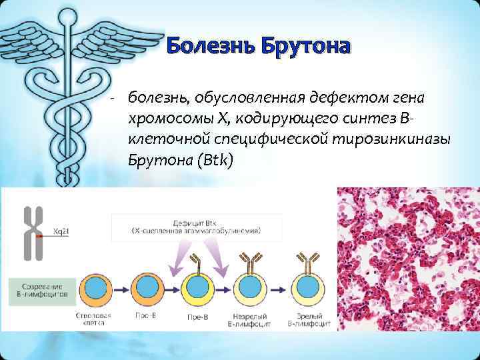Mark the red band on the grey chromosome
[x=39, y=235]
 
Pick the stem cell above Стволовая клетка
[x=98, y=288]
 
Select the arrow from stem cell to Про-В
[x=123, y=289]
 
